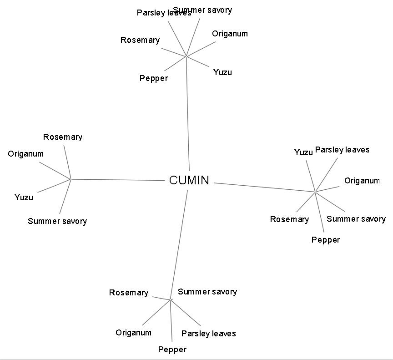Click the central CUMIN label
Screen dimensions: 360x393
pos(189,181)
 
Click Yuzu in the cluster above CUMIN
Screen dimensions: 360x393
pos(222,72)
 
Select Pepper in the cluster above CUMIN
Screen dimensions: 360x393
pos(154,78)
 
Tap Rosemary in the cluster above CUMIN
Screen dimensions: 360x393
pos(140,40)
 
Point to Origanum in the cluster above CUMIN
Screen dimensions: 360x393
pos(230,34)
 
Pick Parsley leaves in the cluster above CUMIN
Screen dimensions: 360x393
pos(164,13)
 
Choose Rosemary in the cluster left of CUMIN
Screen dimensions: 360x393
pos(63,137)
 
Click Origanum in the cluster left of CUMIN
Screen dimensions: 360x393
pos(26,154)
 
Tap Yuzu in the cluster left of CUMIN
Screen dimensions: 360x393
pos(24,198)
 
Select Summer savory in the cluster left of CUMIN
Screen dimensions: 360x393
pos(57,221)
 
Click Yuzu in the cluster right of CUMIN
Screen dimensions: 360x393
pos(303,152)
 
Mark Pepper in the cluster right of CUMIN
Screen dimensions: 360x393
pos(326,240)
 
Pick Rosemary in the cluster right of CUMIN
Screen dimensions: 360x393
pos(289,219)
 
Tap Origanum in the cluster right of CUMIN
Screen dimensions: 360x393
pos(362,181)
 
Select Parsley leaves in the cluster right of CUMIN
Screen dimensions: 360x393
pos(342,150)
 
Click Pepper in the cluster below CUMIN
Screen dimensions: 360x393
pos(172,350)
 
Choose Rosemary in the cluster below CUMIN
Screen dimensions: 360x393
pos(129,293)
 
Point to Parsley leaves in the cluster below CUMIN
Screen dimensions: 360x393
pos(209,334)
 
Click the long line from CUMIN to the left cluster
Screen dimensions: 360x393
pos(118,180)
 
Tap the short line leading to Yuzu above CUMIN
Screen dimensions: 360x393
pos(198,63)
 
